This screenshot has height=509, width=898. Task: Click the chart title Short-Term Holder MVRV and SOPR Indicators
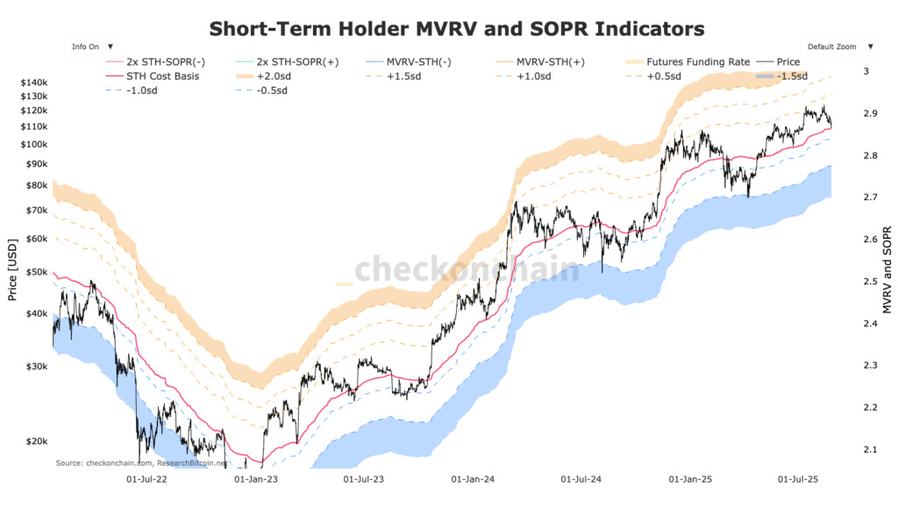coord(456,28)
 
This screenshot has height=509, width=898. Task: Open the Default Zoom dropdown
coord(838,46)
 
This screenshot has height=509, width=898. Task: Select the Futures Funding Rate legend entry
coord(697,62)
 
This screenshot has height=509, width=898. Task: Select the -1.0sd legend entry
coord(141,90)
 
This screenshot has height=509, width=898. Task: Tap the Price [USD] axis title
coord(12,267)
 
